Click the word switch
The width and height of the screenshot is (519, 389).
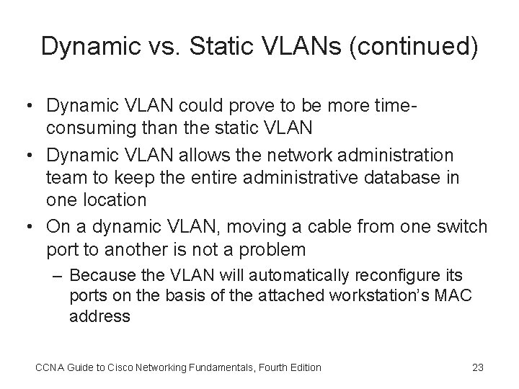[462, 226]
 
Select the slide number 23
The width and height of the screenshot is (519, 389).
[477, 367]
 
